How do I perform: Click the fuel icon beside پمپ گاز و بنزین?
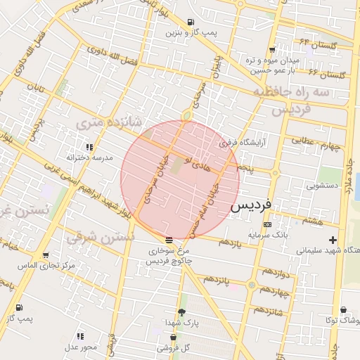pyautogui.click(x=191, y=22)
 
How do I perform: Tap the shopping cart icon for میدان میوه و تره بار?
pyautogui.click(x=272, y=50)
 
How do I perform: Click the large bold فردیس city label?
pyautogui.click(x=256, y=207)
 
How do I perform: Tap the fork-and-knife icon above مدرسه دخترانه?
pyautogui.click(x=89, y=148)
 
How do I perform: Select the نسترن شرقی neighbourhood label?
pyautogui.click(x=100, y=238)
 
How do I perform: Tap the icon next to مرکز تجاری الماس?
pyautogui.click(x=46, y=255)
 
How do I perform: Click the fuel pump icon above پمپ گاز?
pyautogui.click(x=18, y=308)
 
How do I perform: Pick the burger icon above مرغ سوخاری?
pyautogui.click(x=168, y=240)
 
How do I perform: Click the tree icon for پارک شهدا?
pyautogui.click(x=182, y=311)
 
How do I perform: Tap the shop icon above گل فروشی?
pyautogui.click(x=173, y=337)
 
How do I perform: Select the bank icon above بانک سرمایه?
pyautogui.click(x=266, y=224)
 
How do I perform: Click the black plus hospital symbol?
pyautogui.click(x=333, y=240)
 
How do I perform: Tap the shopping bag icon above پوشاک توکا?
pyautogui.click(x=342, y=310)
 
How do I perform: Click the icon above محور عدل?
pyautogui.click(x=80, y=337)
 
